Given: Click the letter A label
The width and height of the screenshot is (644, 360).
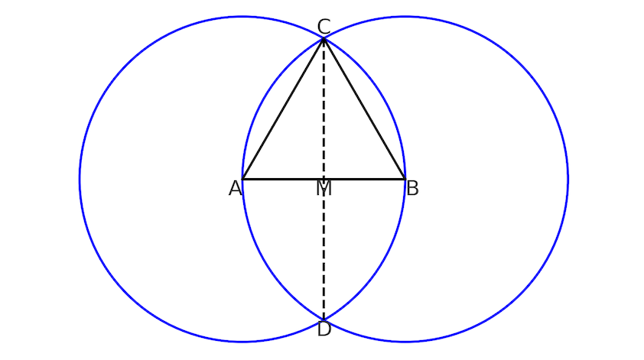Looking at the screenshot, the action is (x=235, y=189).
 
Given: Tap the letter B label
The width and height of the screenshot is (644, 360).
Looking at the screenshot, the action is (x=412, y=189).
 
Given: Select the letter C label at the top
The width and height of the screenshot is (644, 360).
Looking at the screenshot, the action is (x=324, y=27).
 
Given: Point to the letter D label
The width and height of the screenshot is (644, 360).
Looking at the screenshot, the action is (x=324, y=329).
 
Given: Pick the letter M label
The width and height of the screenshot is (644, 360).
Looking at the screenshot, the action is (x=324, y=189).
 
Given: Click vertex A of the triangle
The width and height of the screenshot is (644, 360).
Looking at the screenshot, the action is (x=242, y=179).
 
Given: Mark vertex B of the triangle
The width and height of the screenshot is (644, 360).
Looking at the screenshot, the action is (x=405, y=179).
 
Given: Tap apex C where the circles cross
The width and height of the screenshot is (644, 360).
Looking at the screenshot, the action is (x=324, y=38).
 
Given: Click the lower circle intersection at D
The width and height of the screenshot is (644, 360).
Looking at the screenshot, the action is (x=324, y=319).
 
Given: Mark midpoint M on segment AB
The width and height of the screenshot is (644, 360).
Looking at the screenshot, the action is (x=324, y=179).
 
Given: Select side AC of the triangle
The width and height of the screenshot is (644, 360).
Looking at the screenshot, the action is (x=284, y=109).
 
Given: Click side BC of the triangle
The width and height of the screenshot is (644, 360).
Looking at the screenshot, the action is (x=365, y=109).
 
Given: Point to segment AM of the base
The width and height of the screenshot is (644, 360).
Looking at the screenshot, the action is (x=284, y=179).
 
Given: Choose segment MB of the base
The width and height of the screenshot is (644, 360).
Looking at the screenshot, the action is (x=365, y=179).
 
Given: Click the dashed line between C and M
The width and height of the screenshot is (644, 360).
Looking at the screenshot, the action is (x=324, y=109).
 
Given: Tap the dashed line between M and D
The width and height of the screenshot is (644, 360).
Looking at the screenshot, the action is (x=324, y=249).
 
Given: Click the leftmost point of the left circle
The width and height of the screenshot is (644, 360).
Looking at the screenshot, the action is (x=80, y=179).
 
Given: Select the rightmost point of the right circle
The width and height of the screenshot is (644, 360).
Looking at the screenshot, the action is (x=568, y=179).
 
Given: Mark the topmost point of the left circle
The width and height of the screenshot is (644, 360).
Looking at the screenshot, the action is (x=242, y=17).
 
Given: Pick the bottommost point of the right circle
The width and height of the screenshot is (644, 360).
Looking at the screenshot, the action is (x=405, y=341).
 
